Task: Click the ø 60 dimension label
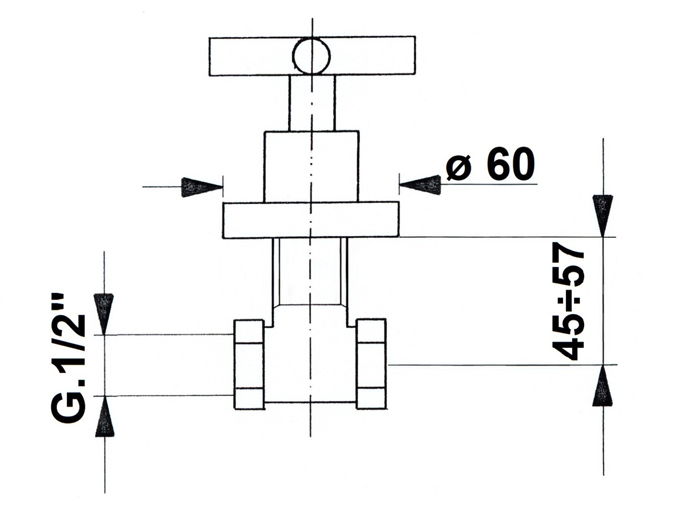[x=490, y=163]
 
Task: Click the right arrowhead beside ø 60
[x=420, y=185]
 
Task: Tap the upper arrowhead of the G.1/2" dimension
[x=104, y=314]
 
